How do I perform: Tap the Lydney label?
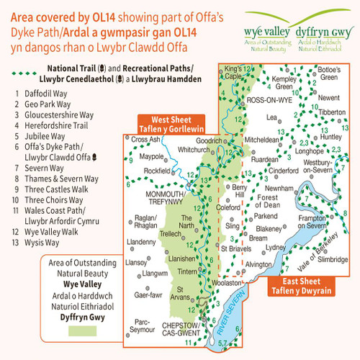[x=276, y=246]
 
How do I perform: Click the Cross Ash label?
[x=146, y=139]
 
